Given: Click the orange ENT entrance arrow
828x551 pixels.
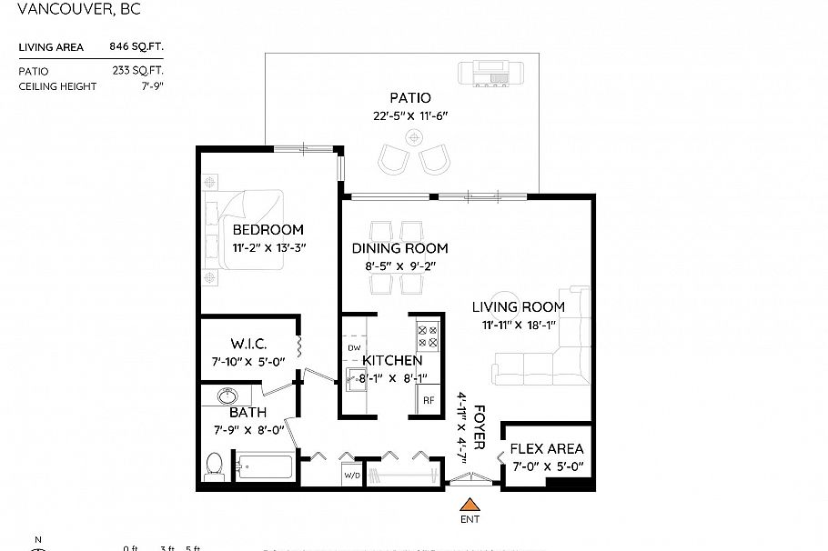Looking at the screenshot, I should coord(470,505).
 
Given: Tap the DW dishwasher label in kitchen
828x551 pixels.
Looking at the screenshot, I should coord(354,347).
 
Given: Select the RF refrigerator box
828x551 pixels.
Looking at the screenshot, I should coord(428,399).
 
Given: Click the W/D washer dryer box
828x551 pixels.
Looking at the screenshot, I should coord(351,475).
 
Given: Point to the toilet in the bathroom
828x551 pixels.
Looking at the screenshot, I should coord(216,465).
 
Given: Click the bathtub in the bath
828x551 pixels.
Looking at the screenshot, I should coord(264,468).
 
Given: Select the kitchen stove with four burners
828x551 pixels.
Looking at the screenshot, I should coord(428,337).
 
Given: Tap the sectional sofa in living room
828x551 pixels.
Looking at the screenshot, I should coord(546,355).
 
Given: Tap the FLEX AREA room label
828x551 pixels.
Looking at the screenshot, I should coord(546,449).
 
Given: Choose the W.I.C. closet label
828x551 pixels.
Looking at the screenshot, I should coord(247,344).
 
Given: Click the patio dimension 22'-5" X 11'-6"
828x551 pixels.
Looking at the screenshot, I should coord(411,115).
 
